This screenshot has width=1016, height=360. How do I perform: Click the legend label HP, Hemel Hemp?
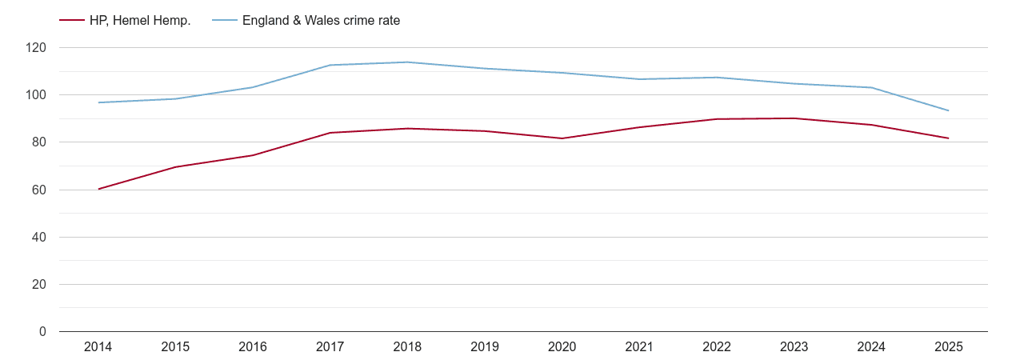pos(140,21)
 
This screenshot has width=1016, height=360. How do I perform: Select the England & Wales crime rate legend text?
pos(321,21)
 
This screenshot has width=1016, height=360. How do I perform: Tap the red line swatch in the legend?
pos(72,21)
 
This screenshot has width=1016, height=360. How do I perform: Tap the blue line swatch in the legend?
pos(225,21)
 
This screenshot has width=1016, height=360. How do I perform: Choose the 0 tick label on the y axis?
pos(43,332)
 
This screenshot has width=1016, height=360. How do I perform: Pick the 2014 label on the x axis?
pos(98,347)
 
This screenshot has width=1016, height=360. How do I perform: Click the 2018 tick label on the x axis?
pos(407,347)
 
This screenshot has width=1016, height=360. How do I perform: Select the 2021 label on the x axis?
pos(639,347)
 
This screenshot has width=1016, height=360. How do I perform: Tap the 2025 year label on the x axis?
pos(949,347)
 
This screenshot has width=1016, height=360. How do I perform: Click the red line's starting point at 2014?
pos(98,189)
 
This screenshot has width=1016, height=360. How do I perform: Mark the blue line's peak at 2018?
pos(407,62)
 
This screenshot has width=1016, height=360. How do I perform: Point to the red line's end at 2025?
pos(949,138)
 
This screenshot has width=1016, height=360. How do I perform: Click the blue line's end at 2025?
pos(949,110)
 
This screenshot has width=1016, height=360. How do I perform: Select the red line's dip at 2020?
pos(562,138)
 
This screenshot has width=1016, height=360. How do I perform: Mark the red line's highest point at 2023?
pos(794,118)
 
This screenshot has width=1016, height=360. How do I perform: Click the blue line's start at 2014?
pos(98,102)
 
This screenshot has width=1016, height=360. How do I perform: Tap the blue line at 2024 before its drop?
pos(871,87)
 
